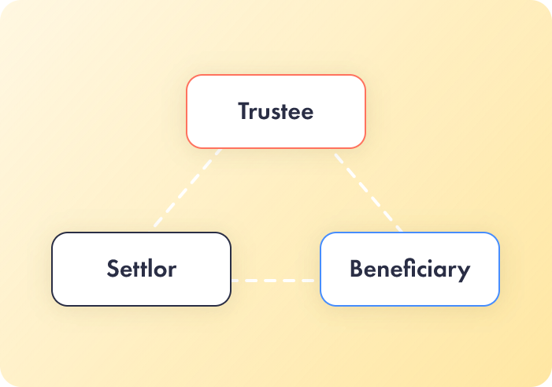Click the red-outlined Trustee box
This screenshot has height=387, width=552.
tap(276, 111)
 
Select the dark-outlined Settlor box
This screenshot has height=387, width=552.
tap(142, 269)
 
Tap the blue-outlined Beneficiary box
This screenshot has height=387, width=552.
tap(409, 269)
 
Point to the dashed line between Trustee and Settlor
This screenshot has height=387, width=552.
tap(187, 188)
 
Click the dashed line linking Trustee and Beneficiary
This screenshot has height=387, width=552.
tap(369, 192)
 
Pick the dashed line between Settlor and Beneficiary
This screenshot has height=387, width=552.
tap(272, 281)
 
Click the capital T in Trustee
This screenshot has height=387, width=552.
tap(245, 110)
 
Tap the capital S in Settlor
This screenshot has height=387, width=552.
tap(113, 269)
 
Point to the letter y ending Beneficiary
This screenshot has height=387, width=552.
tap(464, 273)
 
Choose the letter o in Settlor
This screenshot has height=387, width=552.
tap(157, 270)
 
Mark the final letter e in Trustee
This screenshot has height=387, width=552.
tap(307, 113)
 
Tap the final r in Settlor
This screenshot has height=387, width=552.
tap(172, 270)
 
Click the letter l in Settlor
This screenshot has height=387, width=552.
tap(147, 268)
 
